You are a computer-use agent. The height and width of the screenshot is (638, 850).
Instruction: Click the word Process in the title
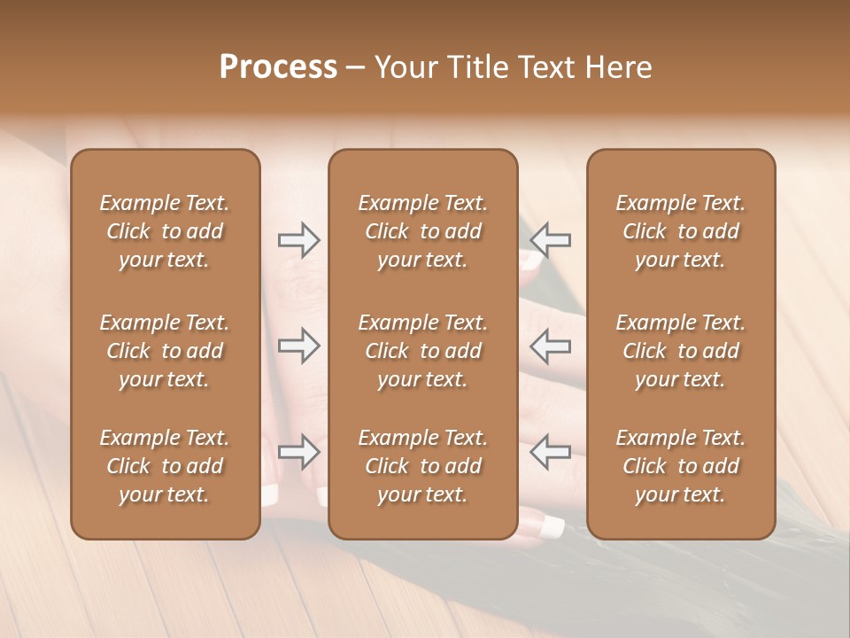pos(278,67)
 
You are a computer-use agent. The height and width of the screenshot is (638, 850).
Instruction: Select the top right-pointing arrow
pos(299,240)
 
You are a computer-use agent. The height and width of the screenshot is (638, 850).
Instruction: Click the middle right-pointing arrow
pos(299,346)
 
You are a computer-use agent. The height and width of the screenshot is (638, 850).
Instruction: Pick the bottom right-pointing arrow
pos(299,452)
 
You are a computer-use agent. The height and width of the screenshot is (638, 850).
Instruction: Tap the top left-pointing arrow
pos(550,240)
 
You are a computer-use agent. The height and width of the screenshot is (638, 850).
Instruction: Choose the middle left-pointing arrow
pos(550,346)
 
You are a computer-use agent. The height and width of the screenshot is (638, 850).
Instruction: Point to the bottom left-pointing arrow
pos(550,452)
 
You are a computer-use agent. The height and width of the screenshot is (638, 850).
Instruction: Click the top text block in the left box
pos(165,231)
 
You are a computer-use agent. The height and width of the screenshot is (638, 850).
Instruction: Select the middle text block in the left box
pos(165,351)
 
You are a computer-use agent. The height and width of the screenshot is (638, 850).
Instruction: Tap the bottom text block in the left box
pos(165,466)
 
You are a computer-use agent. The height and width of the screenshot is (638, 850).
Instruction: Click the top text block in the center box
pos(423,231)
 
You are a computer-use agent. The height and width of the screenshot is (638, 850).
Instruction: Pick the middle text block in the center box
pos(423,351)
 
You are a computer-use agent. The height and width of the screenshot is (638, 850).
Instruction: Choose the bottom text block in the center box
pos(423,466)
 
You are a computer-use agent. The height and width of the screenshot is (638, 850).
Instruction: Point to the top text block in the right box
pos(681,231)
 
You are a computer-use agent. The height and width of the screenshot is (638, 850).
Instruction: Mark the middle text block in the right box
pos(681,351)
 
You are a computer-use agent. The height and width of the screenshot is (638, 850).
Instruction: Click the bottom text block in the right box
pos(681,466)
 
